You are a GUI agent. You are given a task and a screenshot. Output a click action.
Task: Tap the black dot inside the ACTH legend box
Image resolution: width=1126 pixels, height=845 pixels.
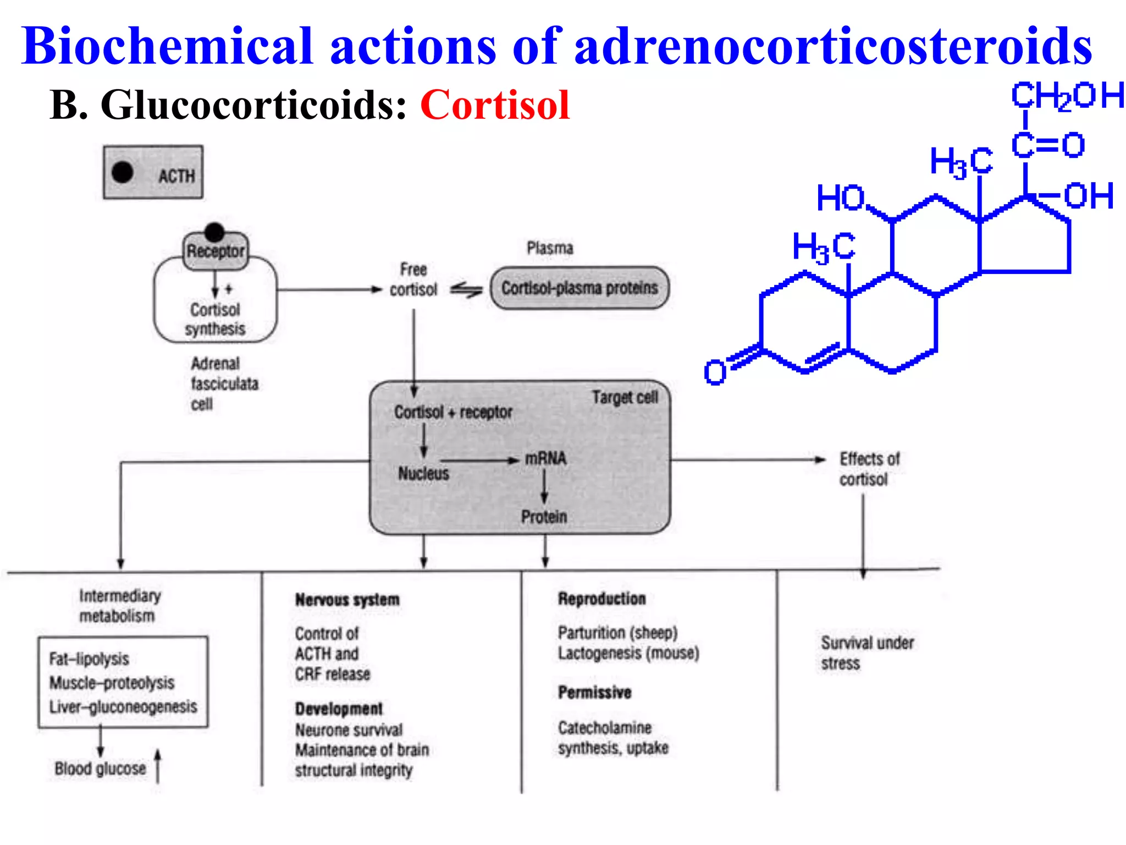122,172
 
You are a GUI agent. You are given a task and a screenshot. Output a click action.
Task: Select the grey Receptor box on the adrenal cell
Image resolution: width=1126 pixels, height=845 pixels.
216,251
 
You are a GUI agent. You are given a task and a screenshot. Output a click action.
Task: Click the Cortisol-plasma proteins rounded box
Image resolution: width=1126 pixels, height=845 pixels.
579,288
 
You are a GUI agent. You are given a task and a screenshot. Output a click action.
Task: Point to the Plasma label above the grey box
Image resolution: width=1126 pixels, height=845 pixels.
549,248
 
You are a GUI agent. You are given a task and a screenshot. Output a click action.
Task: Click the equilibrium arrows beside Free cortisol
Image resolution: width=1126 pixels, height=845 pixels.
466,289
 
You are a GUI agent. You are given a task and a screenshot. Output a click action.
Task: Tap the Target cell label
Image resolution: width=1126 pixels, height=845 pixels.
625,397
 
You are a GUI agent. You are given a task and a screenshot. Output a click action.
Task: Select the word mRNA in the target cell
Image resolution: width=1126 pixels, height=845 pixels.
545,458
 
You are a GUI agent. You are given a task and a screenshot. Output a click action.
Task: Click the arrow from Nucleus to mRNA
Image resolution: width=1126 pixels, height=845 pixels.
478,460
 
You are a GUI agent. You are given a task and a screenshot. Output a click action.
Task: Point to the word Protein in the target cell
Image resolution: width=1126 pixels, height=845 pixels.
544,517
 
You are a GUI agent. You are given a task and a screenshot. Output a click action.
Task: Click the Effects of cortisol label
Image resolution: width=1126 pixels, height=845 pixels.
869,469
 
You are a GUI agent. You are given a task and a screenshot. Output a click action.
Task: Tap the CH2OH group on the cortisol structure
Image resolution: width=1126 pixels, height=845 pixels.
1067,96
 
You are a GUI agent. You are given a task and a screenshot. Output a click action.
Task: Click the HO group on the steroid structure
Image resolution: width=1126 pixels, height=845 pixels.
840,198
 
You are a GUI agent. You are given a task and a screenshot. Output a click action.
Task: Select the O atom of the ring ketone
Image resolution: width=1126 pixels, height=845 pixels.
715,372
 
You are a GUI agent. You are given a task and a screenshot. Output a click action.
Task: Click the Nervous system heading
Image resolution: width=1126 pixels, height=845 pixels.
347,600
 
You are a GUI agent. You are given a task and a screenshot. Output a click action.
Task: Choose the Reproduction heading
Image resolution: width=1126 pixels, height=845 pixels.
601,599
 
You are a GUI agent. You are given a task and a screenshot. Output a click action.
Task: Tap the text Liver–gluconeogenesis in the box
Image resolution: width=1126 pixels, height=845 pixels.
123,707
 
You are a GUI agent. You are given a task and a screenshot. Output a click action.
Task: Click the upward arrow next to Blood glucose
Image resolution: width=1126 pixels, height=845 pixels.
157,765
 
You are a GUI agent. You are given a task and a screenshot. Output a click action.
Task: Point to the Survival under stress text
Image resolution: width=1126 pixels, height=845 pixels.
866,652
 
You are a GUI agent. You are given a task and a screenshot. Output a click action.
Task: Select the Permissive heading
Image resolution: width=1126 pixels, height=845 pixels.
594,692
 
